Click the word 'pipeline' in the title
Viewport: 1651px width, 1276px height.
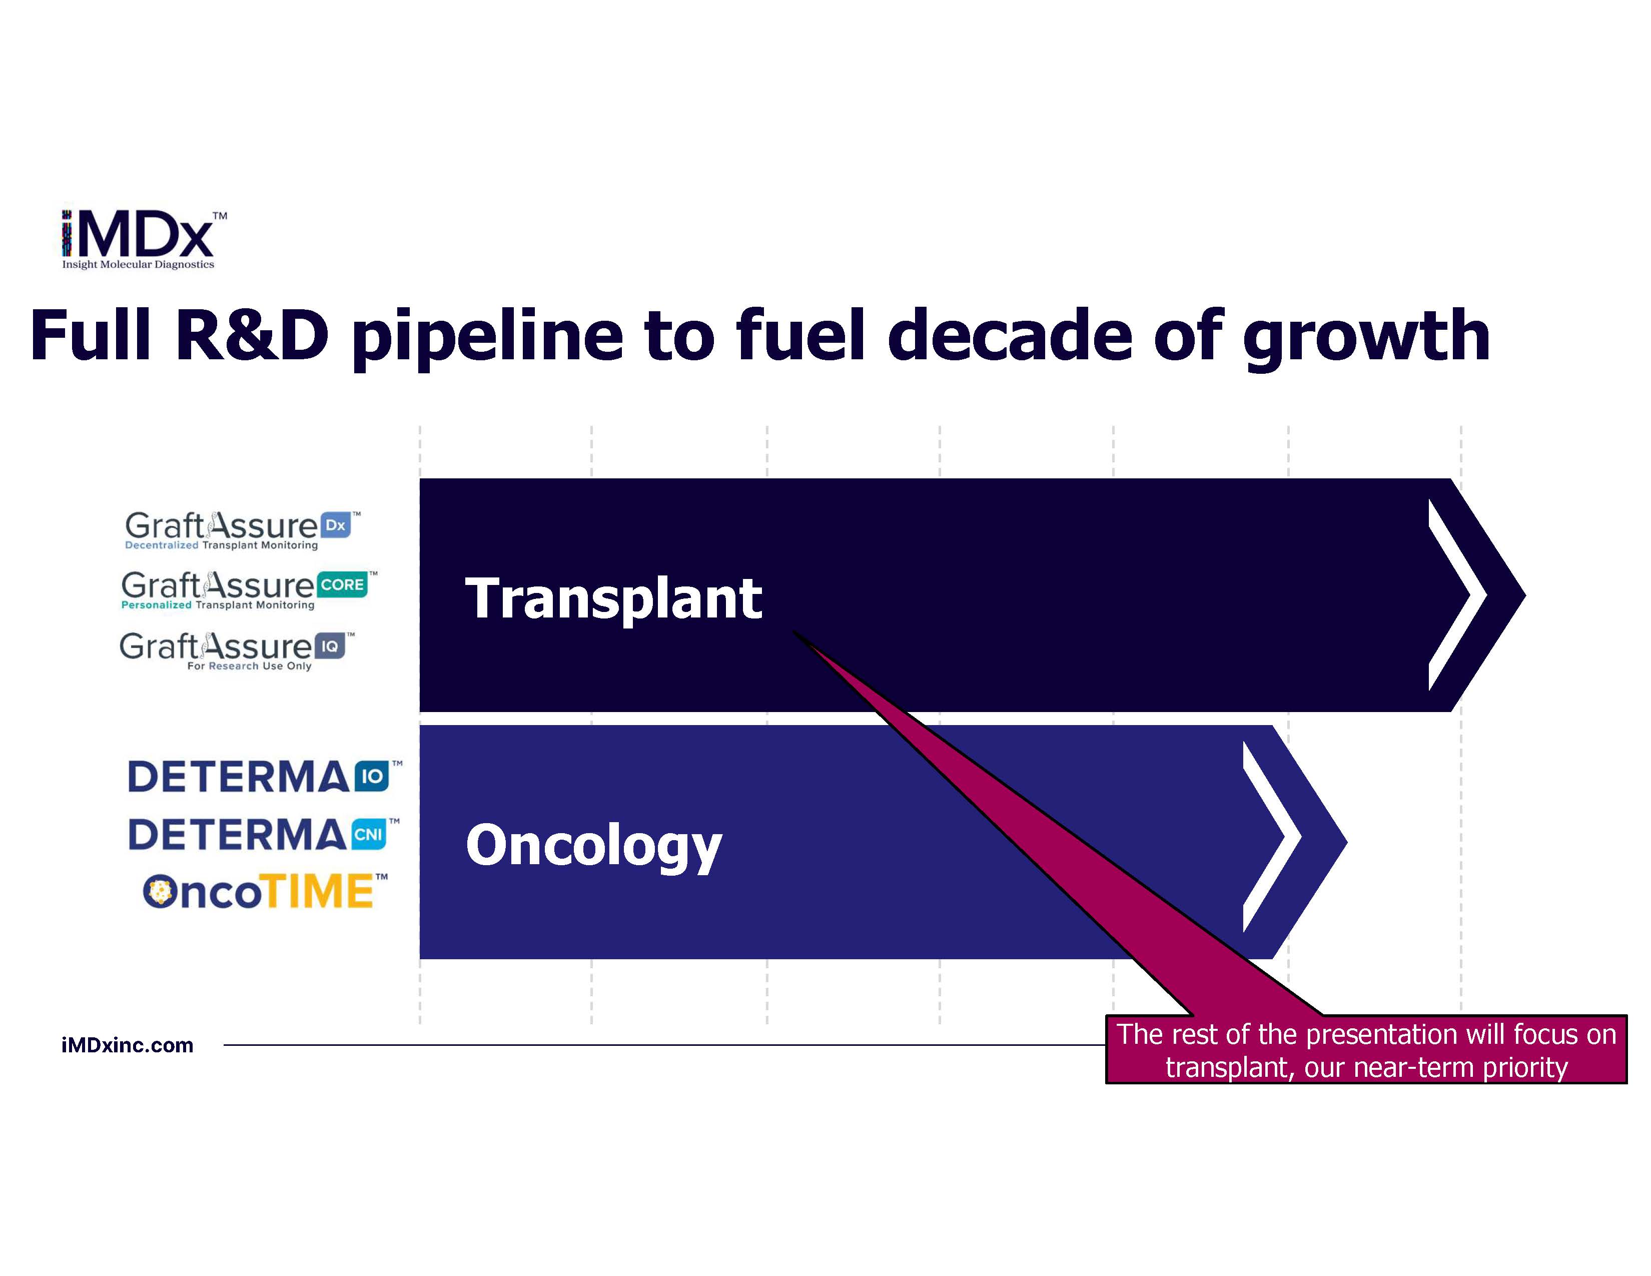[488, 337]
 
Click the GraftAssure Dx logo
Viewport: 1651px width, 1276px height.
[242, 530]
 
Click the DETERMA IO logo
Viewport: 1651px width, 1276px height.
[265, 776]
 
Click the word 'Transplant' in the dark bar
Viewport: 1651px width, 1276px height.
[613, 598]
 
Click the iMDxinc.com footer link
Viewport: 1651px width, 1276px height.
[127, 1045]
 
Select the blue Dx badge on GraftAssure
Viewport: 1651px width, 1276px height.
[336, 524]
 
